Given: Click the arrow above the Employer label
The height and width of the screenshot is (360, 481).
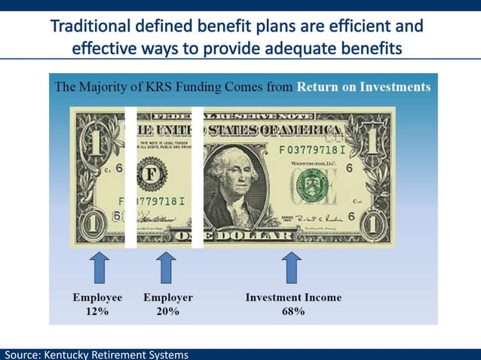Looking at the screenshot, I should point(167,268).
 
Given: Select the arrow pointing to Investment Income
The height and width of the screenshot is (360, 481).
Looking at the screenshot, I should point(293,268).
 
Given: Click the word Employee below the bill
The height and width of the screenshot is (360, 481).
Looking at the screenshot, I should point(97,297).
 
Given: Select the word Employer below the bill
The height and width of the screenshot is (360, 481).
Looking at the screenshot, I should point(167,297).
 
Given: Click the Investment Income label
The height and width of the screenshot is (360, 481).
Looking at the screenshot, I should point(293,297).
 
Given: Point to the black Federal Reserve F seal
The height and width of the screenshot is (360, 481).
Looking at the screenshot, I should point(151,175).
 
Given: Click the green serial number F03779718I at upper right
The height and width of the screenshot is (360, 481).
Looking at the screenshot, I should point(312,150).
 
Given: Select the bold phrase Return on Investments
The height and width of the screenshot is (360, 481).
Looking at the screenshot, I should point(363,87).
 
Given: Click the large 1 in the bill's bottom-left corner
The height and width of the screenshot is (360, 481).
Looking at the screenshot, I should point(92,225).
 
